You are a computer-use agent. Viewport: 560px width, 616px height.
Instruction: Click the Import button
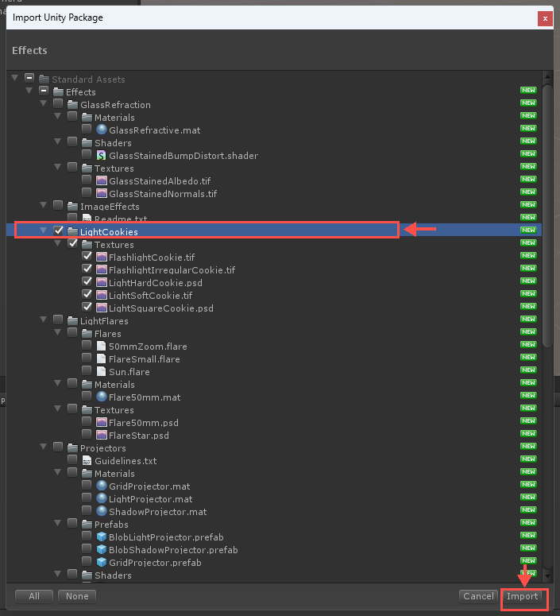click(x=522, y=596)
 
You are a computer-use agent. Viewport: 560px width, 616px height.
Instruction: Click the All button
click(x=34, y=596)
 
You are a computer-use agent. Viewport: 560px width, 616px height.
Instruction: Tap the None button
click(x=77, y=596)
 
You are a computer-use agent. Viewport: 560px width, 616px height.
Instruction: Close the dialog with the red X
click(x=545, y=18)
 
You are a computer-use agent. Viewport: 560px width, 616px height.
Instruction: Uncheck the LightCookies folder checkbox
click(x=58, y=231)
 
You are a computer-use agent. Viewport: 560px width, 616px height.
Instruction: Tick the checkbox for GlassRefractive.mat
click(x=87, y=129)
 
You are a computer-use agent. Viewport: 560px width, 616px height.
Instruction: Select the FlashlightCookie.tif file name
click(x=152, y=258)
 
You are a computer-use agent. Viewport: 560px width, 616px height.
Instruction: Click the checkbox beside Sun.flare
click(x=87, y=370)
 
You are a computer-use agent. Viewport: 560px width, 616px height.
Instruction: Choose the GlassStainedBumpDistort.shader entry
click(x=183, y=156)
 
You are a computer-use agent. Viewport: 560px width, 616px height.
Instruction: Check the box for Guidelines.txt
click(x=72, y=459)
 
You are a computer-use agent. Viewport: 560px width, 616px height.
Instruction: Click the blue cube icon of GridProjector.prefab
click(x=102, y=562)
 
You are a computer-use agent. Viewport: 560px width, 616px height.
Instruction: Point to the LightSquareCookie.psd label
click(x=161, y=308)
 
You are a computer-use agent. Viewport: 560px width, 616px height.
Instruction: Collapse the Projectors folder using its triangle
click(x=44, y=447)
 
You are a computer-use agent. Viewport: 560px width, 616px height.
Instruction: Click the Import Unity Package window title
click(x=58, y=17)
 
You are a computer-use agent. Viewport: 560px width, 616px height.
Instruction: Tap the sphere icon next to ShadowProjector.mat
click(x=102, y=511)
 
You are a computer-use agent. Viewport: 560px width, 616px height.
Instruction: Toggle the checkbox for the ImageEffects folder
click(x=58, y=205)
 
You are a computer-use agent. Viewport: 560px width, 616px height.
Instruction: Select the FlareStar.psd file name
click(x=139, y=436)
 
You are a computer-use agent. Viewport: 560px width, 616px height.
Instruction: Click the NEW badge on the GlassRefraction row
click(x=528, y=103)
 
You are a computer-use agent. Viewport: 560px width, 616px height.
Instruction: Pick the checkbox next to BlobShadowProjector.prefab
click(x=87, y=548)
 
